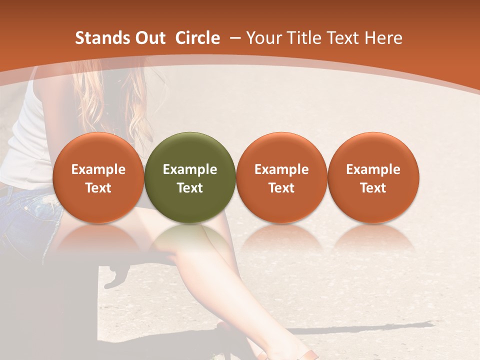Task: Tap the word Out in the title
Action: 149,38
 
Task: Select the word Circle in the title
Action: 197,38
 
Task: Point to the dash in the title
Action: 234,38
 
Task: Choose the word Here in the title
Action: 383,38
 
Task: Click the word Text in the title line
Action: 342,38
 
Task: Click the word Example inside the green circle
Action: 190,169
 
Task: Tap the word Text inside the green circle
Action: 190,188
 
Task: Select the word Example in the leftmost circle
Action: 98,169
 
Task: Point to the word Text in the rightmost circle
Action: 373,188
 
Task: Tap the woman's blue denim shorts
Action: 25,215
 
